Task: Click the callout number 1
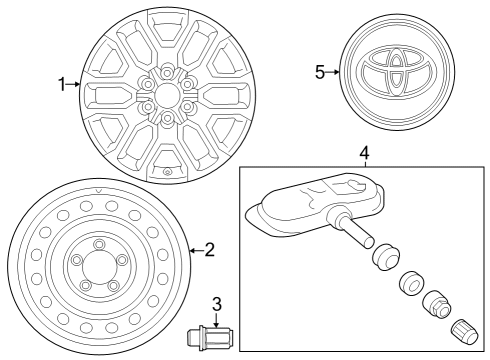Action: (x=63, y=85)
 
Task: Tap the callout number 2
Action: (x=209, y=249)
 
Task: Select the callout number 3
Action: (x=215, y=304)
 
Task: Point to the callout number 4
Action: (x=364, y=153)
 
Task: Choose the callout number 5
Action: (x=320, y=72)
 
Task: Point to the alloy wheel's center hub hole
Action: (x=167, y=95)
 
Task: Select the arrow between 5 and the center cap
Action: (x=334, y=72)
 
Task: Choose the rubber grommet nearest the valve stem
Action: (x=382, y=255)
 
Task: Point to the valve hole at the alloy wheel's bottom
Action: (x=167, y=172)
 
